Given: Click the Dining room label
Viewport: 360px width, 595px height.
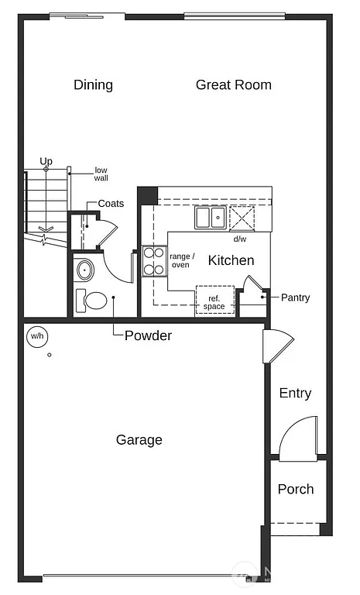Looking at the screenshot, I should coord(93,84).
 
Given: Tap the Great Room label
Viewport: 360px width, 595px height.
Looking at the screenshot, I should coord(233,84).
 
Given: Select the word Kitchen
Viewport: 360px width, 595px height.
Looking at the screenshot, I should coord(231,260).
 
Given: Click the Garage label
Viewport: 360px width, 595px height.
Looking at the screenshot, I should coord(139,440).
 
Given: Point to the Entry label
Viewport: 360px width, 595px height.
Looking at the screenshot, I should coord(295,394).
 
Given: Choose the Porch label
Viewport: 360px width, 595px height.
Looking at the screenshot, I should coord(296,489).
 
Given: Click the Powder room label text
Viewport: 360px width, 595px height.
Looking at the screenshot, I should coord(148,336).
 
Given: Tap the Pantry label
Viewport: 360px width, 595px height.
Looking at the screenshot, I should coord(295,297).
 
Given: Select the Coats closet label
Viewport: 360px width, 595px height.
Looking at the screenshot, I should coord(111,204).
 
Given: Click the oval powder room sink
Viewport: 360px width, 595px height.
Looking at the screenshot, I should coord(85,270).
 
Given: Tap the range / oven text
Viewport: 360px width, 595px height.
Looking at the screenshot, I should coord(182,260).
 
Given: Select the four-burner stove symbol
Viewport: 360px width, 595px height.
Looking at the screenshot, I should coord(154,261).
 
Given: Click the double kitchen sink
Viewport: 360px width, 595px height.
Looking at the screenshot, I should coord(210,218).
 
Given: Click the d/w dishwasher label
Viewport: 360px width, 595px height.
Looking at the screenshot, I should coord(239,239).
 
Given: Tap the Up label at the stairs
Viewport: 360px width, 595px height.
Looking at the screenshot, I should coord(46,161).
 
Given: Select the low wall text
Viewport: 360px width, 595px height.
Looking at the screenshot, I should coord(101,174).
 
